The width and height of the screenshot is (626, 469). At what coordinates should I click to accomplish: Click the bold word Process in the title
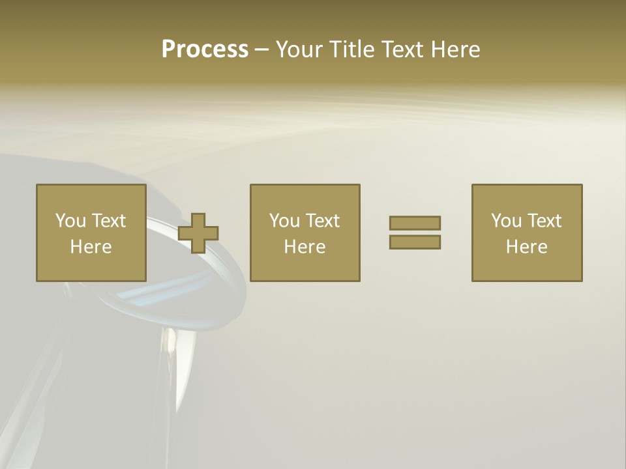click(205, 50)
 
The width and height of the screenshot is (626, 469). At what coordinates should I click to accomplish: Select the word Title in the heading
click(351, 50)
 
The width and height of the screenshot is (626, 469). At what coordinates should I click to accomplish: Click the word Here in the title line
click(456, 50)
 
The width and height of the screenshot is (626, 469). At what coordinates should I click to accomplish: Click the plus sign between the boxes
click(198, 233)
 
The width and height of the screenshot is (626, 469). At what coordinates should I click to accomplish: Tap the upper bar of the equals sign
click(415, 223)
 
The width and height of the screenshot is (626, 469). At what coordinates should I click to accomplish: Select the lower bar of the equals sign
click(415, 242)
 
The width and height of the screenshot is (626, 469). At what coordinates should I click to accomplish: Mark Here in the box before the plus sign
click(91, 247)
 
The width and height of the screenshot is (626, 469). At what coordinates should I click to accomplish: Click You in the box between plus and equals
click(284, 221)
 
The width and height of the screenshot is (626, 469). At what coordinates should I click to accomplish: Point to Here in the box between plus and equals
click(305, 247)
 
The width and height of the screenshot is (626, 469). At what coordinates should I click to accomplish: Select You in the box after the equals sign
click(506, 221)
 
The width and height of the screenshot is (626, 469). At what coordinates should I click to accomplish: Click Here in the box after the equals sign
click(526, 247)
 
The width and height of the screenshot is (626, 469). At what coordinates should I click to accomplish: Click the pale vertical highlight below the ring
click(171, 352)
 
